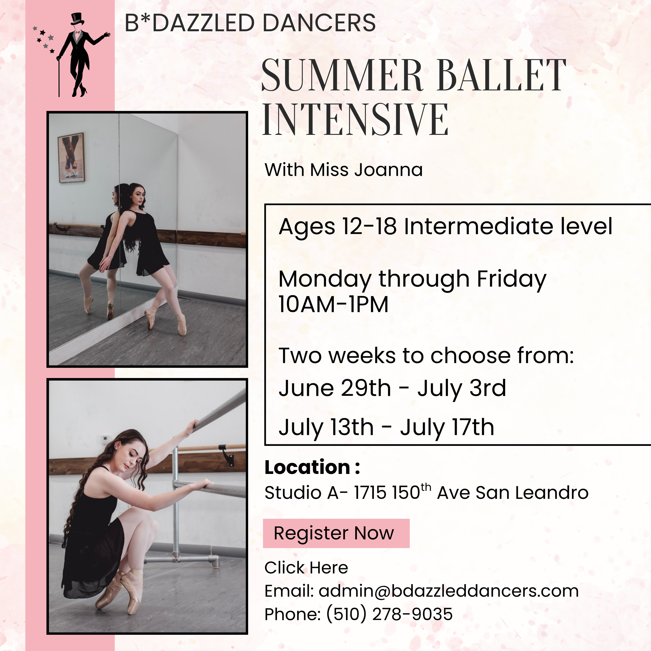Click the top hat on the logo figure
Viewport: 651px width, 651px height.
tap(77, 19)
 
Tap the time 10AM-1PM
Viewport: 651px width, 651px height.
tap(333, 304)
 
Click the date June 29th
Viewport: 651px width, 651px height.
tap(335, 388)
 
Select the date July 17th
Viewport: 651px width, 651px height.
tap(447, 427)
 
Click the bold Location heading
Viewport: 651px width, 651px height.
tap(312, 467)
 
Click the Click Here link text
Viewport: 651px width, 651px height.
tap(306, 567)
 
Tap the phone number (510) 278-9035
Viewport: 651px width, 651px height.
tap(389, 614)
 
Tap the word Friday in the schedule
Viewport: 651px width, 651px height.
tap(511, 280)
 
